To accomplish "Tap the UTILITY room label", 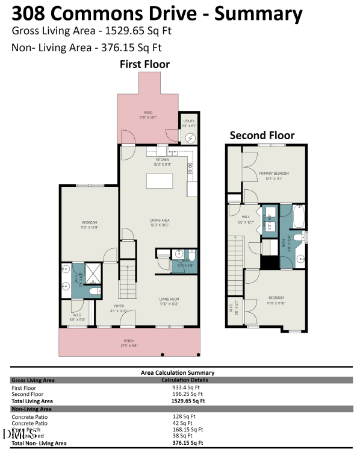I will [190, 124].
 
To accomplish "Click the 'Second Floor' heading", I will [262, 136].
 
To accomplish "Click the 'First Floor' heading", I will [144, 64].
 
